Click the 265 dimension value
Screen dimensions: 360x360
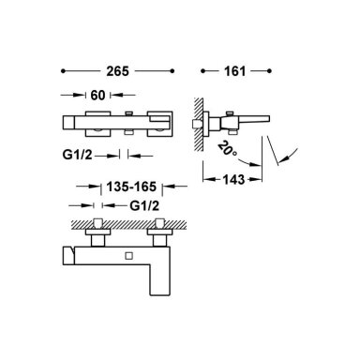(x=117, y=71)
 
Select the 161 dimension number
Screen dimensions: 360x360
(x=234, y=71)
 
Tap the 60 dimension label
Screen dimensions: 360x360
(x=97, y=95)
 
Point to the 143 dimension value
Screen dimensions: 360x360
(x=233, y=179)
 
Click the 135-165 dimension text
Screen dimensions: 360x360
(x=131, y=187)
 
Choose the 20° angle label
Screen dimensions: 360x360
(x=228, y=149)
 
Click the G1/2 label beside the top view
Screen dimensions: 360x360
(x=77, y=155)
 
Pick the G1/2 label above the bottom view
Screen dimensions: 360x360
(x=144, y=205)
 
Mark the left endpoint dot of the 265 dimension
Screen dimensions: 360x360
(x=63, y=71)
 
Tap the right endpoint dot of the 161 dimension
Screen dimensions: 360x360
(x=270, y=71)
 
